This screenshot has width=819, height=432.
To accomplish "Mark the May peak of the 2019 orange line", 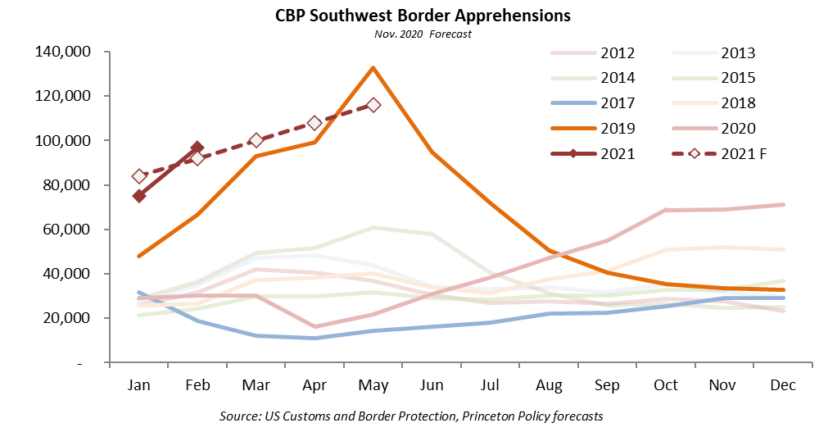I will point(373,67).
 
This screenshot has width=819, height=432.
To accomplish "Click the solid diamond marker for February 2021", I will point(197,148).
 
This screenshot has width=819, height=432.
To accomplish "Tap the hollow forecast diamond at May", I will point(373,105).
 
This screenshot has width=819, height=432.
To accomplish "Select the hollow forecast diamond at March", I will point(256,140).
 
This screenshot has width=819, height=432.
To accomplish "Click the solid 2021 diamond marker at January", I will point(139,196).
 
